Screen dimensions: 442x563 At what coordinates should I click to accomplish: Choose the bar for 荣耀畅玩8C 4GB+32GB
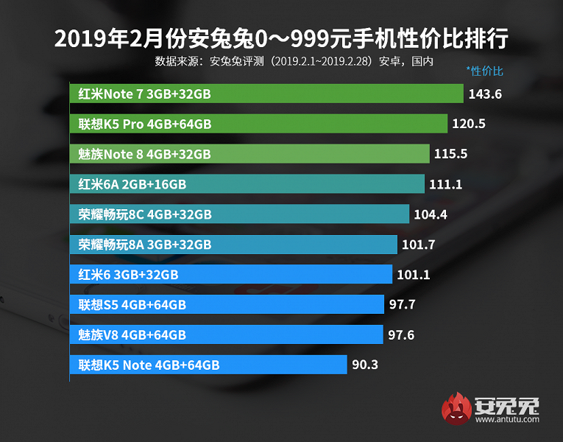click(x=240, y=214)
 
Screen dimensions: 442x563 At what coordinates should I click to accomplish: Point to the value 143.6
click(x=484, y=94)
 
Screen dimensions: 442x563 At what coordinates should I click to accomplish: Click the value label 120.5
click(x=469, y=124)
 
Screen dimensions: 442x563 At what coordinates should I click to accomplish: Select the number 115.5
click(x=450, y=154)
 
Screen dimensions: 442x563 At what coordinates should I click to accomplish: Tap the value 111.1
click(x=445, y=184)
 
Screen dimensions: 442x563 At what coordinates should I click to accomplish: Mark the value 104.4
click(x=431, y=214)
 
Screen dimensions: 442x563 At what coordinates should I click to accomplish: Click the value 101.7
click(x=419, y=245)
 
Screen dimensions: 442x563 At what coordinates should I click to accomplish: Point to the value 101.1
click(x=413, y=275)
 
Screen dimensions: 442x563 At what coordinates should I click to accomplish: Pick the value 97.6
click(x=401, y=335)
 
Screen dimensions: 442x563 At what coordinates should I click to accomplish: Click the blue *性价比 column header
click(x=484, y=71)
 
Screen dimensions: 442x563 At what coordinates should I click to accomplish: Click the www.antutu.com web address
click(x=508, y=421)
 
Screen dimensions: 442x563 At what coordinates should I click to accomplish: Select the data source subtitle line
click(x=294, y=61)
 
